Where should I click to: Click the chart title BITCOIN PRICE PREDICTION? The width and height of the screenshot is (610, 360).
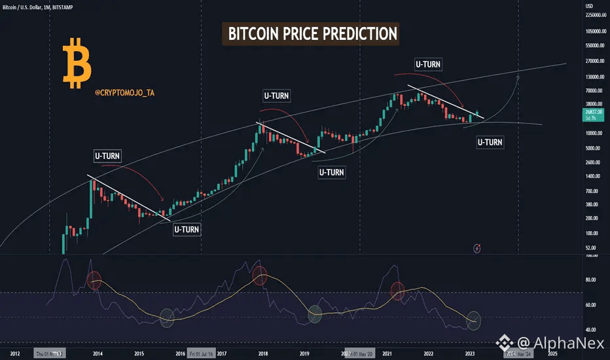[310, 33]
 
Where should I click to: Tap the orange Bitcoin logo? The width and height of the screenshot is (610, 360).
[77, 63]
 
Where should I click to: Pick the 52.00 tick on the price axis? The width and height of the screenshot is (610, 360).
[591, 247]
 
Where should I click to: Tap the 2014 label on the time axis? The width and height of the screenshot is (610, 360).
[98, 353]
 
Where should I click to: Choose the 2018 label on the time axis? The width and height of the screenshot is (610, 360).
[263, 353]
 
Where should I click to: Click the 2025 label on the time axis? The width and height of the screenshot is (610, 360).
[552, 353]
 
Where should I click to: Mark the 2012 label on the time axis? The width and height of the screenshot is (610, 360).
[16, 353]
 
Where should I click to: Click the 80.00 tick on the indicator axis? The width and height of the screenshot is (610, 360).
[591, 280]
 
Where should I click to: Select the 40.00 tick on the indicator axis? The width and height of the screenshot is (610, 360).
[591, 330]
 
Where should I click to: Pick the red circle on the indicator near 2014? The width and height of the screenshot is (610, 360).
[94, 279]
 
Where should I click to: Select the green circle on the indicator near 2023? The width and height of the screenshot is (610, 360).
[474, 321]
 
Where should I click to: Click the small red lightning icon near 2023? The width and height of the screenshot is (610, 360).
[478, 247]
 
